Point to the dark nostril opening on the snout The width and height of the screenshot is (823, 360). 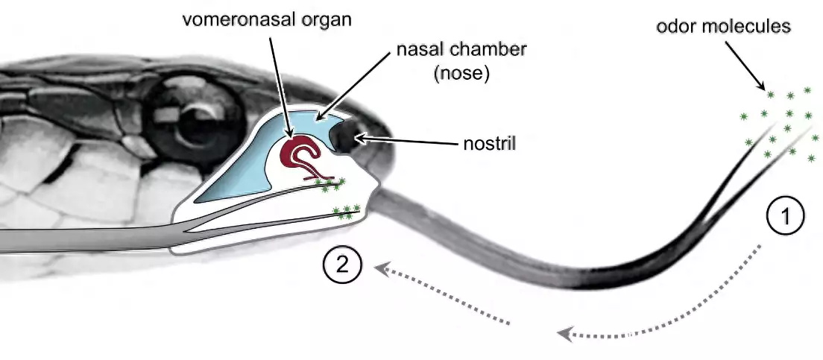coord(347,138)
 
